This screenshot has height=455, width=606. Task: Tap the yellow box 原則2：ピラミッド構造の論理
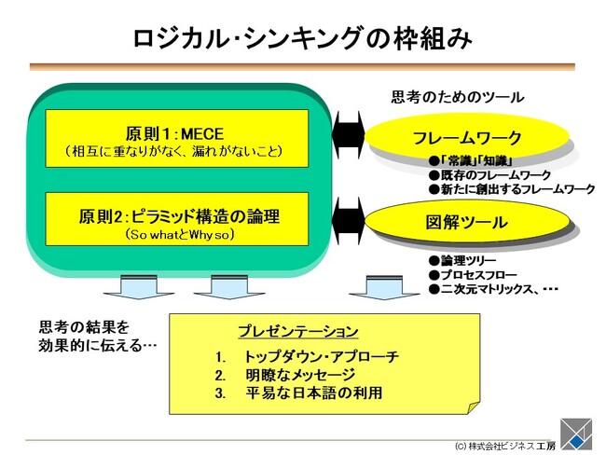tap(177, 223)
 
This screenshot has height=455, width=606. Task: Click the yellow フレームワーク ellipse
tap(467, 138)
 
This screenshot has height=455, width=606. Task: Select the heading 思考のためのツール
tap(457, 97)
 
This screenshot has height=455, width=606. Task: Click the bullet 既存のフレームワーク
tap(494, 175)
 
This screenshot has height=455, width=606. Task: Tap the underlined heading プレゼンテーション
tap(297, 332)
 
